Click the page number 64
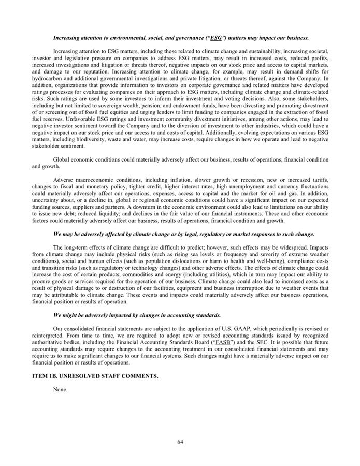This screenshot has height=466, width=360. [x=180, y=442]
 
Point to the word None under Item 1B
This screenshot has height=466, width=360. [x=60, y=389]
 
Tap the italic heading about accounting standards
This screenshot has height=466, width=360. [x=137, y=315]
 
